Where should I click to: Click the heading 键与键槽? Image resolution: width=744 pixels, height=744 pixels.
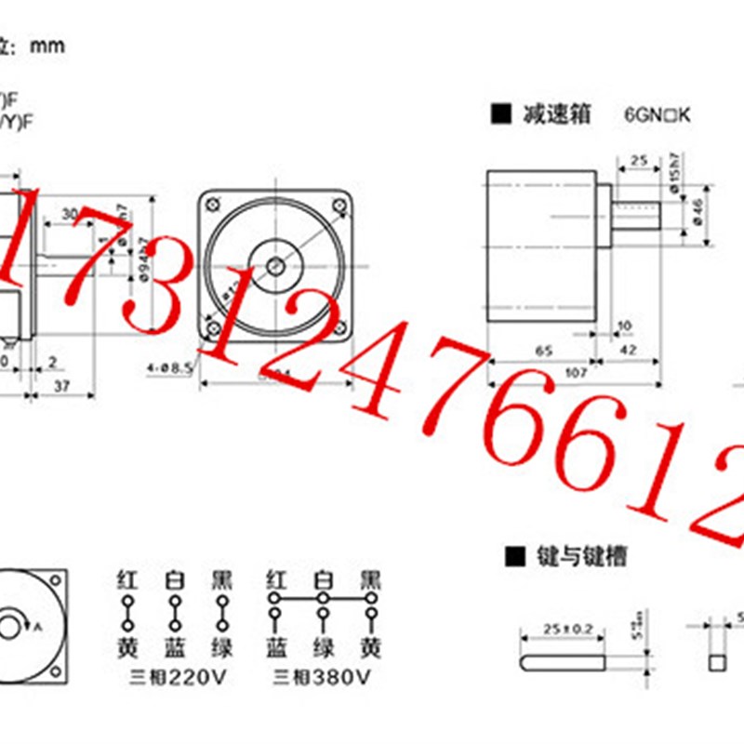tap(581, 556)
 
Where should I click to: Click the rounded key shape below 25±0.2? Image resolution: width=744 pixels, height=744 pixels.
tap(563, 662)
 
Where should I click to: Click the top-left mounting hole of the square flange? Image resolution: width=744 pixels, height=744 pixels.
tap(215, 206)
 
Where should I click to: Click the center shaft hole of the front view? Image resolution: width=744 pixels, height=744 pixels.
tap(276, 267)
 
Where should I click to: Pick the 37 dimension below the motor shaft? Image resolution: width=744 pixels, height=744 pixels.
tap(61, 386)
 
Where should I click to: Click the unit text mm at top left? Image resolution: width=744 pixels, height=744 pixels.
tap(48, 46)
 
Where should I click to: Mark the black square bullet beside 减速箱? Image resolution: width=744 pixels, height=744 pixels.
tap(501, 115)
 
